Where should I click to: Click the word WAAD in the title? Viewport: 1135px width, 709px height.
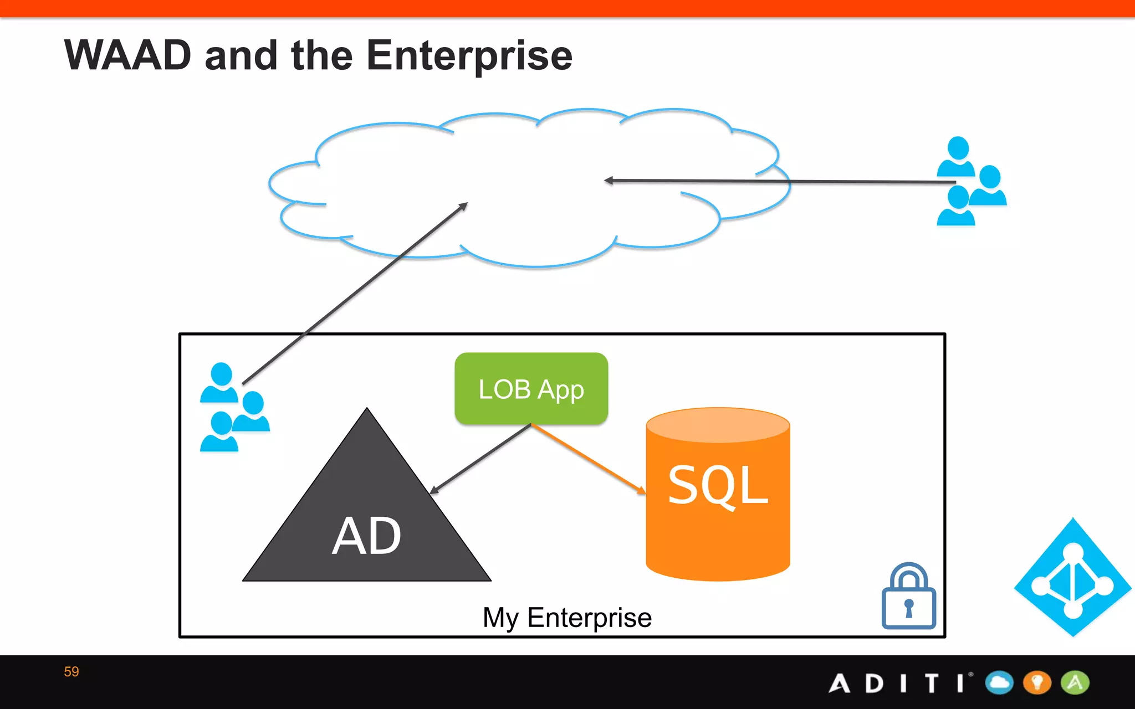(127, 55)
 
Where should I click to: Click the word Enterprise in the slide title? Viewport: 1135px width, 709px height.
(469, 56)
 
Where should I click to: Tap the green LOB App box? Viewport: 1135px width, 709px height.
(531, 389)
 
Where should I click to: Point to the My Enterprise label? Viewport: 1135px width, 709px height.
(567, 618)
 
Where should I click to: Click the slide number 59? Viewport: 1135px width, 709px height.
(71, 672)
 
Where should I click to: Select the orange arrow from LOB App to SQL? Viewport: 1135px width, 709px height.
(587, 458)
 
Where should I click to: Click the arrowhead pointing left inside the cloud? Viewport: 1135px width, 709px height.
(609, 181)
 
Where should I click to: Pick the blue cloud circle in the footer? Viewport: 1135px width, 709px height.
(999, 682)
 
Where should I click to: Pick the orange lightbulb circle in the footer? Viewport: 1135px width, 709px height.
(1037, 682)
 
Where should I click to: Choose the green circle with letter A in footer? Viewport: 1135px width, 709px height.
(1075, 682)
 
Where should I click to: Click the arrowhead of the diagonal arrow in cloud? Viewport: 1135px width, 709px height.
(463, 207)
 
